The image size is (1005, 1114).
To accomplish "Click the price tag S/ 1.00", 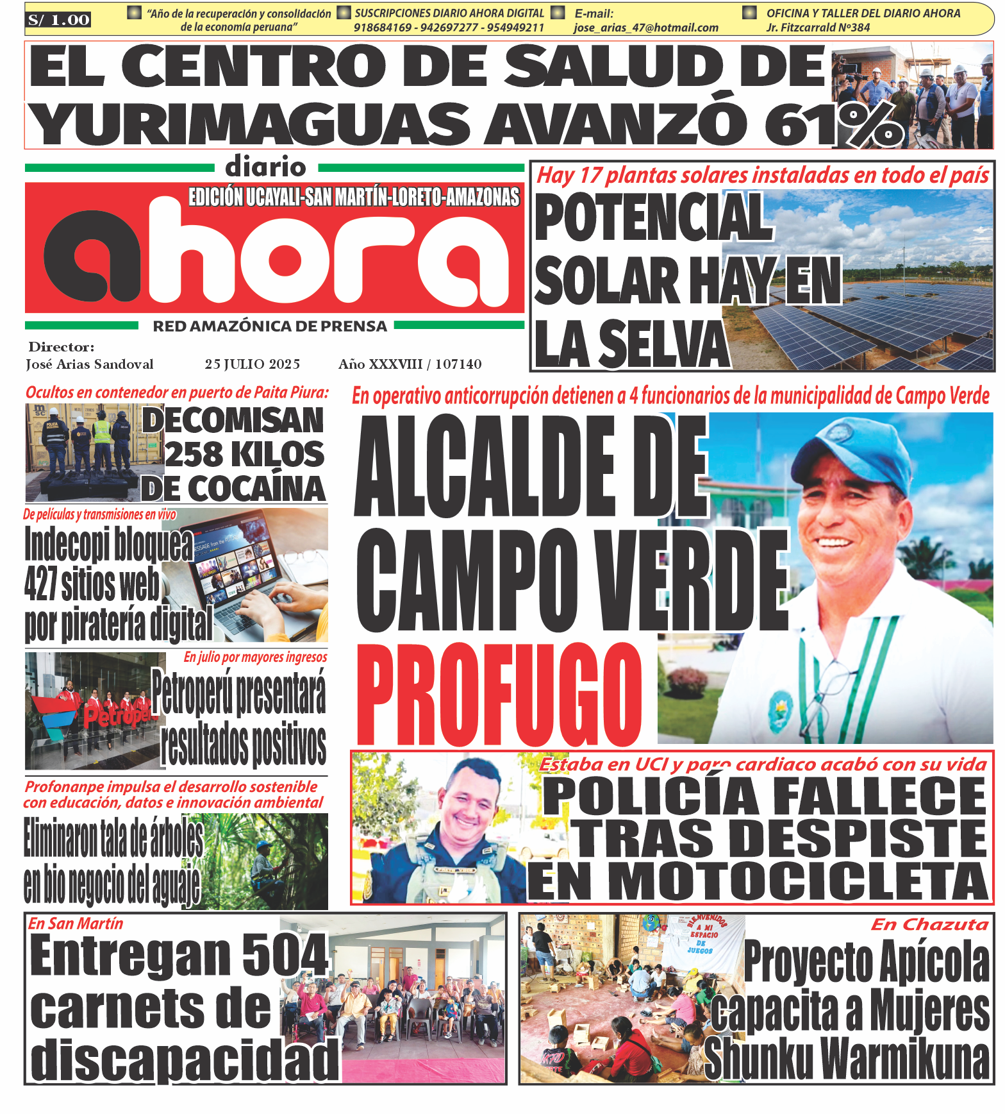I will click(x=58, y=20).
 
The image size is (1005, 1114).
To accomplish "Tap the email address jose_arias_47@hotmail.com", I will click(x=645, y=28).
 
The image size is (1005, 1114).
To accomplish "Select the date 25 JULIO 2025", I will click(x=253, y=364).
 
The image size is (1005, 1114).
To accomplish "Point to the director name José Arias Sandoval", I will click(x=90, y=364).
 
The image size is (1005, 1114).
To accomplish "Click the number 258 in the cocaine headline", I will click(x=194, y=455).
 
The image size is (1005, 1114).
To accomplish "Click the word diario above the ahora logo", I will click(x=265, y=167).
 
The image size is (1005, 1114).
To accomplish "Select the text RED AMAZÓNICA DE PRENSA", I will click(x=270, y=326).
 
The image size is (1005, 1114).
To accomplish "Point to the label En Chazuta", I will click(x=929, y=924).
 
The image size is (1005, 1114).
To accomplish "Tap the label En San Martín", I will click(x=76, y=924).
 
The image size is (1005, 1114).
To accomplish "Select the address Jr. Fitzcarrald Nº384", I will click(x=818, y=28).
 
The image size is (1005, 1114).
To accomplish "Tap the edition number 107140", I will click(x=458, y=364).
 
